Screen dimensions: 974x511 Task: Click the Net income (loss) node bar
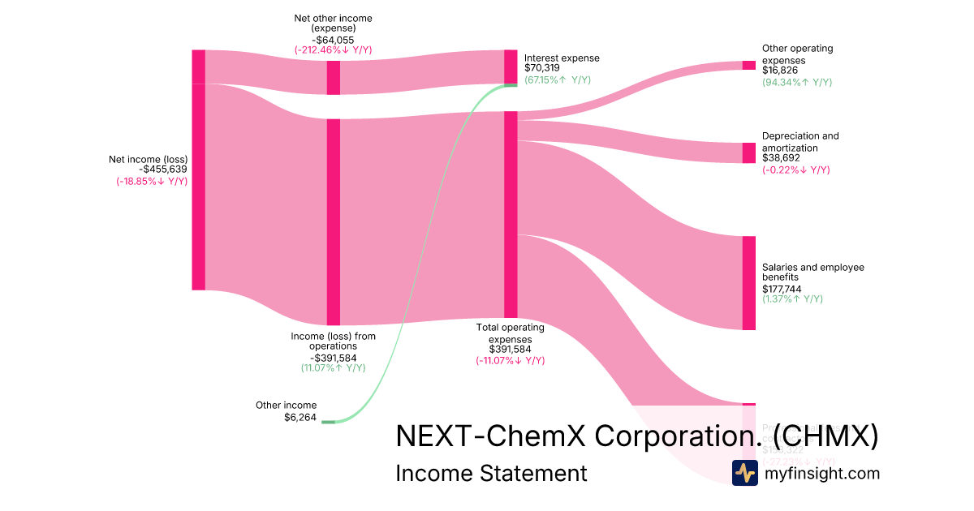[x=198, y=170]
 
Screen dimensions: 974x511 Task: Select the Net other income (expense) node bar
[x=333, y=78]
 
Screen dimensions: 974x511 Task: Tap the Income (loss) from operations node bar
[x=333, y=221]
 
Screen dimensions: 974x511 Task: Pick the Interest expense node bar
[x=511, y=67]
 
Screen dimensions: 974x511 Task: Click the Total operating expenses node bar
[x=511, y=214]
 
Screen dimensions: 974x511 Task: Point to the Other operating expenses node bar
[x=748, y=65]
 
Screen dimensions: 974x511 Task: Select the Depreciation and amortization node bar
[x=748, y=152]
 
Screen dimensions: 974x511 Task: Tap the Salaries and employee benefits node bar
[x=748, y=282]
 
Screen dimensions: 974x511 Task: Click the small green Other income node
[x=328, y=422]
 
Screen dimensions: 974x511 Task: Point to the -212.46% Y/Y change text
[x=333, y=49]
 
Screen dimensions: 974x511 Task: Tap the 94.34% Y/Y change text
[x=796, y=82]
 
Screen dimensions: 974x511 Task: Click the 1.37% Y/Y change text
[x=792, y=298]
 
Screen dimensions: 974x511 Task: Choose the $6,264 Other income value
[x=300, y=418]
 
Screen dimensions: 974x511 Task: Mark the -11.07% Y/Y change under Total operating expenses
[x=510, y=361]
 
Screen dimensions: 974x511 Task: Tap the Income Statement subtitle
[x=491, y=473]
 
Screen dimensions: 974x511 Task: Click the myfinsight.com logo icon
[x=744, y=473]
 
